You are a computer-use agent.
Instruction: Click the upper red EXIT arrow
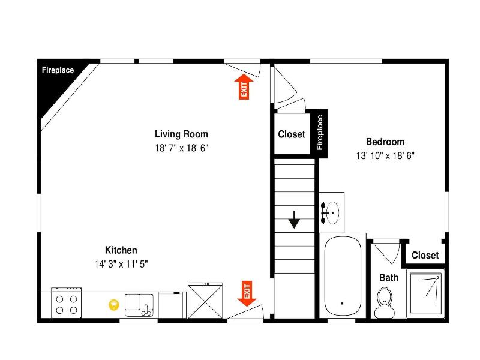pyautogui.click(x=244, y=86)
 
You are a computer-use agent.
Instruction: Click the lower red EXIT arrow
pyautogui.click(x=247, y=293)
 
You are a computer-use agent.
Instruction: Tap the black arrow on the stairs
pyautogui.click(x=294, y=220)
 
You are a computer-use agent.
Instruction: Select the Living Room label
pyautogui.click(x=181, y=134)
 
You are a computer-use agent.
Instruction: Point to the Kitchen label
pyautogui.click(x=121, y=250)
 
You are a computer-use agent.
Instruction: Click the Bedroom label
pyautogui.click(x=385, y=142)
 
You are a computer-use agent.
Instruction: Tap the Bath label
pyautogui.click(x=389, y=277)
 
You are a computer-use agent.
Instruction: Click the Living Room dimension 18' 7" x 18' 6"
pyautogui.click(x=182, y=148)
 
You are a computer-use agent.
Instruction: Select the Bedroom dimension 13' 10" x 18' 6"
pyautogui.click(x=385, y=156)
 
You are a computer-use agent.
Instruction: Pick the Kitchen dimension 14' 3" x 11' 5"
pyautogui.click(x=121, y=264)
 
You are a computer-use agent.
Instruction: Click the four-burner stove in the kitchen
pyautogui.click(x=67, y=303)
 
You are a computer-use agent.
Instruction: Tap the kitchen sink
pyautogui.click(x=139, y=305)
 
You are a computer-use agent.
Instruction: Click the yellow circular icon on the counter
pyautogui.click(x=114, y=305)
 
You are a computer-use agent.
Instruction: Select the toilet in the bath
pyautogui.click(x=385, y=302)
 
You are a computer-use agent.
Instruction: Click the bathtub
pyautogui.click(x=343, y=275)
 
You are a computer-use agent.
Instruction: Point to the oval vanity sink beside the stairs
pyautogui.click(x=332, y=213)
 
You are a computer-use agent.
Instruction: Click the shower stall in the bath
pyautogui.click(x=425, y=293)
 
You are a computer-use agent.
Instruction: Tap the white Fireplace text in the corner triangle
pyautogui.click(x=58, y=70)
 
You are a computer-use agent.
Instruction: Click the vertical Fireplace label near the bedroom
pyautogui.click(x=320, y=132)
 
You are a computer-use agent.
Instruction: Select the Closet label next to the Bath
pyautogui.click(x=425, y=255)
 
